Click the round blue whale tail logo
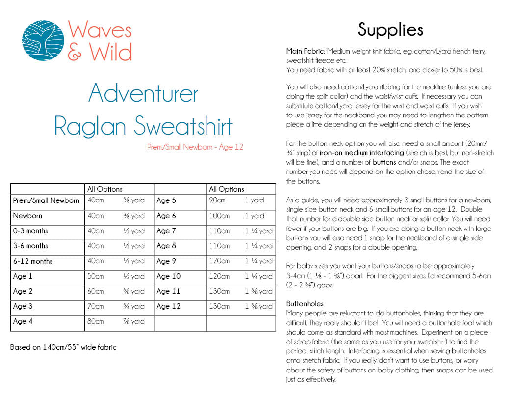pos(43,40)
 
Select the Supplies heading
pos(390,29)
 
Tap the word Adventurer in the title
pos(143,93)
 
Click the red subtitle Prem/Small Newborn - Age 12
pos(195,147)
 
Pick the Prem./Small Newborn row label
pos(46,200)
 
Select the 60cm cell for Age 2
pos(96,291)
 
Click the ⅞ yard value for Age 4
pos(134,322)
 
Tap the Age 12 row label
pos(168,306)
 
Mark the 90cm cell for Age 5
pos(217,200)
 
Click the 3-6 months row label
pos(30,246)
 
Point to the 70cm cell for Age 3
pos(96,306)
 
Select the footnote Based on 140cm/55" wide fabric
pos(64,347)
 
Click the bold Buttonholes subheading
pos(305,304)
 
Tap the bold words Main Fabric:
pos(306,51)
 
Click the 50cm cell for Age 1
pos(96,276)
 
